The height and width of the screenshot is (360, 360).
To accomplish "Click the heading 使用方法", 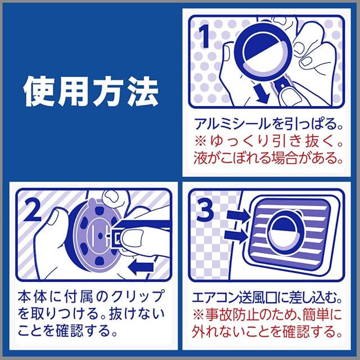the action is pyautogui.click(x=91, y=92).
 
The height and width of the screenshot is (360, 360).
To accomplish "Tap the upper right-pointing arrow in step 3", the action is pyautogui.click(x=238, y=217).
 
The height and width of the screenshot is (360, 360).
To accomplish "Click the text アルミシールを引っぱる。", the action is pyautogui.click(x=268, y=124).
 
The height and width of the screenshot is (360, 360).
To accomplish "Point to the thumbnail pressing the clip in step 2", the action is pyautogui.click(x=132, y=238).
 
